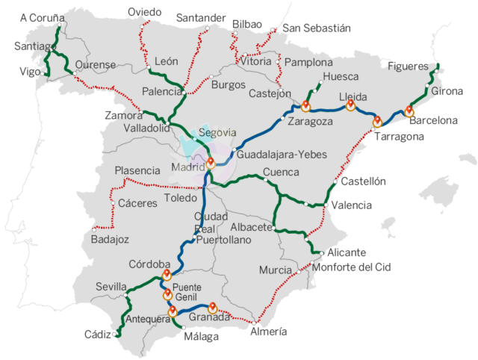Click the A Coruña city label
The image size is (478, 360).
[43, 17]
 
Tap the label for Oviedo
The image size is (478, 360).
[144, 12]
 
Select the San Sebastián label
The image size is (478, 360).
[316, 28]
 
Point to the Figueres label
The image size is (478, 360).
[409, 66]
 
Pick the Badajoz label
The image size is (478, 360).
[110, 240]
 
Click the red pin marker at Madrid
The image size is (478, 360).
[211, 163]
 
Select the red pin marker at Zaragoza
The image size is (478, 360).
[306, 104]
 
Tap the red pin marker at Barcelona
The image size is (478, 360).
[409, 110]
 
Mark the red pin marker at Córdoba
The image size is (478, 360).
[167, 275]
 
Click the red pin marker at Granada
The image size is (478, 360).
[212, 306]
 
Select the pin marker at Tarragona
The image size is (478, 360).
[377, 120]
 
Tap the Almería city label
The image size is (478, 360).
[267, 332]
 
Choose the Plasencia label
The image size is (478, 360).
[137, 171]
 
